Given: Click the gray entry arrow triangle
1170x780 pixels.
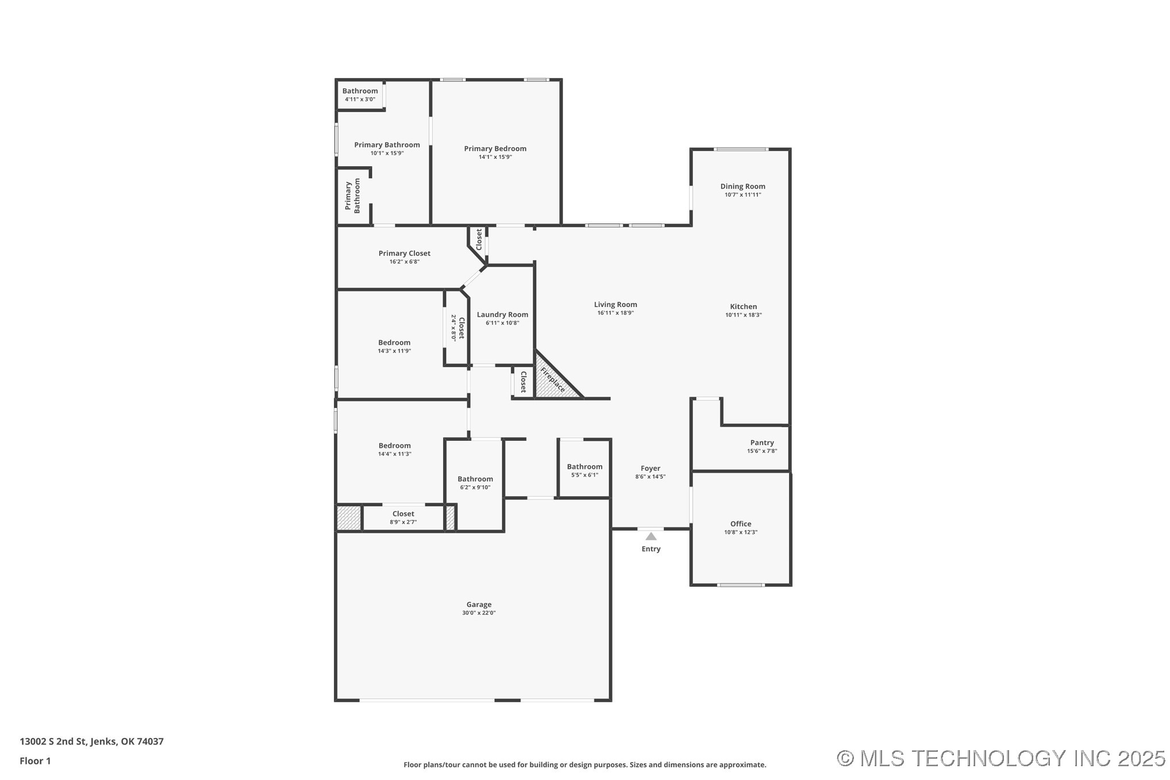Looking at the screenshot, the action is [x=651, y=536].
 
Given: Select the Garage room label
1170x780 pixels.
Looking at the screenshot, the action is [x=479, y=604].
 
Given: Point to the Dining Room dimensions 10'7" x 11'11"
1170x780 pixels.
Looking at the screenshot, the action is [x=742, y=195].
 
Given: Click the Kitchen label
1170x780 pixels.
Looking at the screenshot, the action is [x=743, y=306].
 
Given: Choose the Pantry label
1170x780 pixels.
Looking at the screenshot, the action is [x=762, y=443].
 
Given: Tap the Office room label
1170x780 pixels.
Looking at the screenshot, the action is [x=741, y=524].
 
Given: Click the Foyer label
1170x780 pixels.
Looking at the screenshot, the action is [x=651, y=468].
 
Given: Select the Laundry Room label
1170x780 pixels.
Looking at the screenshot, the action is [x=502, y=314].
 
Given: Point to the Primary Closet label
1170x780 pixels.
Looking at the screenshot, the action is [x=405, y=253].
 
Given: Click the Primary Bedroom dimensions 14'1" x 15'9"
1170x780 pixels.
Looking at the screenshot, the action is [x=495, y=157].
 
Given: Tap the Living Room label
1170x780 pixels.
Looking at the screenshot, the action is [x=615, y=305].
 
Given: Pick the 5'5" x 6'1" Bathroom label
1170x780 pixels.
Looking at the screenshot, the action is [x=584, y=467].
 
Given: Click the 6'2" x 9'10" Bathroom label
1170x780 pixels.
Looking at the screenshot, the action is [x=475, y=479].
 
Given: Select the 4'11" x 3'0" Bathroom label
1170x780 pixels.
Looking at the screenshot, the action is [x=360, y=91].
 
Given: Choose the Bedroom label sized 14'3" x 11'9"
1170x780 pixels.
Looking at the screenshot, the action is [x=394, y=343].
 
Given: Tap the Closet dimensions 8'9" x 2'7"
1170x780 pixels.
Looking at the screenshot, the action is [x=403, y=522].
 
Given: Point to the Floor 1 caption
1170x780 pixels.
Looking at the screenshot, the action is [x=35, y=761].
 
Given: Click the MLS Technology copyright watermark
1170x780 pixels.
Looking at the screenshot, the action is [x=1001, y=758].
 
